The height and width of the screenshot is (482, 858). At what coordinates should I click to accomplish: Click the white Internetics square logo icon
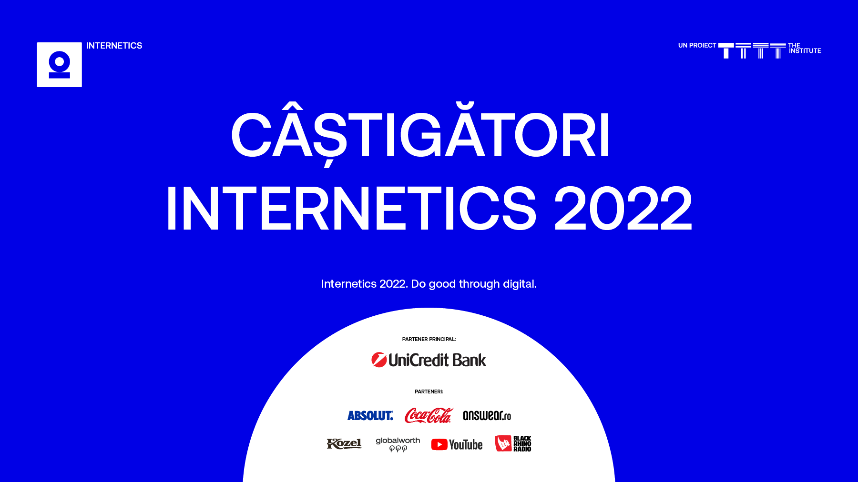[x=60, y=65]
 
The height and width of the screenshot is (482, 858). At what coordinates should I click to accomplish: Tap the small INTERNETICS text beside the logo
[x=114, y=46]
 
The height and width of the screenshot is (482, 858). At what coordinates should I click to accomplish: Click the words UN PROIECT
[x=697, y=46]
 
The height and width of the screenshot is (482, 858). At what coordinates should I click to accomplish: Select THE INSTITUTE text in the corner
[x=805, y=48]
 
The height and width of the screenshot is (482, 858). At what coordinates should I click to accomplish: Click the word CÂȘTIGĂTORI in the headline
[x=420, y=135]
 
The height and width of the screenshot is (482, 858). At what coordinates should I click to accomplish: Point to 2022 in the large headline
[x=623, y=209]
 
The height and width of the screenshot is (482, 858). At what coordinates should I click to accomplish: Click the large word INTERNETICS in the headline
[x=351, y=209]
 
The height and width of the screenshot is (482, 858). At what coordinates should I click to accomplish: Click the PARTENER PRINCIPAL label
[x=429, y=339]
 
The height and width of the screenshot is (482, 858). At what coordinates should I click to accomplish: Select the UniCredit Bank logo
[x=429, y=360]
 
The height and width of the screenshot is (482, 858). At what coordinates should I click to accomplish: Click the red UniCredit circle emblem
[x=379, y=360]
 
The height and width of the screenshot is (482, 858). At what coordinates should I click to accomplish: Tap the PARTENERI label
[x=429, y=392]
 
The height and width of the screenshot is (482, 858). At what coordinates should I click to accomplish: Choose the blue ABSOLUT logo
[x=370, y=416]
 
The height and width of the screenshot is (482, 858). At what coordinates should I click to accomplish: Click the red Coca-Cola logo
[x=428, y=415]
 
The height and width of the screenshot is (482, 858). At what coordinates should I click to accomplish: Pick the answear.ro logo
[x=487, y=416]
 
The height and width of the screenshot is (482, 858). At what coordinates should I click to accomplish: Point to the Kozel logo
[x=344, y=444]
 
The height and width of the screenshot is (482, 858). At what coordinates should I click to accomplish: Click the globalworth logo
[x=398, y=444]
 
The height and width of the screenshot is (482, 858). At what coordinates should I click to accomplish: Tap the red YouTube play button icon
[x=439, y=445]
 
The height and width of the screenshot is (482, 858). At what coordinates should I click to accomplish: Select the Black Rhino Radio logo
[x=513, y=443]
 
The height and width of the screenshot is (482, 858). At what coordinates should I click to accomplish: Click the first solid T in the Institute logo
[x=726, y=50]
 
